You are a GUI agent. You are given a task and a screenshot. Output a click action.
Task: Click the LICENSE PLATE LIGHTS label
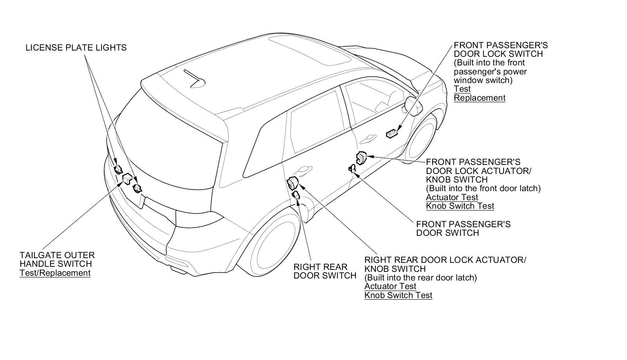[x=76, y=47]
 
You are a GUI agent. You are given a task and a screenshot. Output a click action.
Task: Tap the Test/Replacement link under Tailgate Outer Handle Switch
[x=55, y=273]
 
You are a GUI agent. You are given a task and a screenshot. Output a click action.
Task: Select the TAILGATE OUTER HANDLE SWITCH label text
[x=57, y=259]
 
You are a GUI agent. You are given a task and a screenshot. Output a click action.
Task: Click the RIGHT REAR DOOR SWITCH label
[x=325, y=271]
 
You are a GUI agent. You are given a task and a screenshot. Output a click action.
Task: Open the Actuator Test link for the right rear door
[x=390, y=286]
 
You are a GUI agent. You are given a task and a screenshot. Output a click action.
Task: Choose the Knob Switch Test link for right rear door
[x=398, y=295]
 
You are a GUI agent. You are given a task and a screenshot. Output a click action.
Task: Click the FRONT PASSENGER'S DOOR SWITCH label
[x=463, y=228]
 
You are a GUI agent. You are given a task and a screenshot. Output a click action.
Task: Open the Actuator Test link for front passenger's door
[x=452, y=197]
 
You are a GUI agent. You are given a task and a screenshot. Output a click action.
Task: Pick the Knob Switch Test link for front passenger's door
[x=460, y=206]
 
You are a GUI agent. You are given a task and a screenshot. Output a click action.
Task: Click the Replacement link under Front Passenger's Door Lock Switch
[x=480, y=98]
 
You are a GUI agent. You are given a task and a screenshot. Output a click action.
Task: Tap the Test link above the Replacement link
[x=462, y=89]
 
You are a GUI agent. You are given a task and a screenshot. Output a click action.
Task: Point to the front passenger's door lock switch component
[x=391, y=134]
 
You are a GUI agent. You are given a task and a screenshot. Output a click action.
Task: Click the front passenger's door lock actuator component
[x=361, y=158]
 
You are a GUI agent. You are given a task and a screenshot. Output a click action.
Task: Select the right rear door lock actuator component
[x=292, y=183]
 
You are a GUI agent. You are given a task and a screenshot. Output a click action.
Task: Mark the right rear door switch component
[x=296, y=195]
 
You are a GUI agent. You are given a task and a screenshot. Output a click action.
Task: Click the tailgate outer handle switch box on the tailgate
[x=127, y=179]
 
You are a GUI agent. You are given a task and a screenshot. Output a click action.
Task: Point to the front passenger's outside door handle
[x=367, y=138]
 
